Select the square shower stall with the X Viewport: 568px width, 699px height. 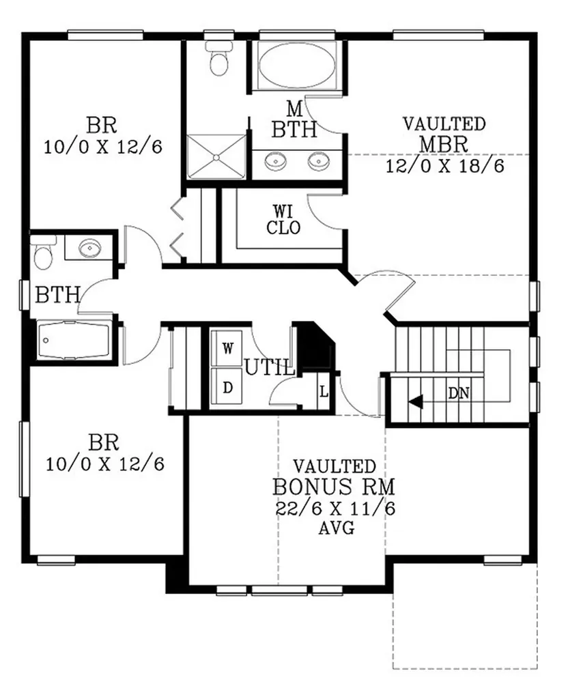pos(216,156)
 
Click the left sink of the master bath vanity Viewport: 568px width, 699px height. pos(275,161)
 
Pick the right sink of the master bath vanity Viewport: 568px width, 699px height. pos(318,161)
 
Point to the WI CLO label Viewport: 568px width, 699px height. pos(283,219)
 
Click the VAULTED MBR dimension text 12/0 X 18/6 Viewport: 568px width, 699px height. pos(445,166)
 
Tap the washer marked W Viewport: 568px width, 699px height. pos(228,348)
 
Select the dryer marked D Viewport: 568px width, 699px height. pos(228,388)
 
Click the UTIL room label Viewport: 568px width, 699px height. pos(270,368)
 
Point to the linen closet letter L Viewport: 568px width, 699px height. pos(324,393)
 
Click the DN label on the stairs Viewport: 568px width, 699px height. pos(459,393)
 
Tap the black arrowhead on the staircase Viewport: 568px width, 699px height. pos(416,401)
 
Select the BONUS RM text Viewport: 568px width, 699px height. pos(334,487)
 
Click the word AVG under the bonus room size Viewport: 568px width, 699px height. pos(337,529)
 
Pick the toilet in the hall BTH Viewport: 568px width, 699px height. pos(43,253)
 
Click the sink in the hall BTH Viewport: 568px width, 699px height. pos(89,248)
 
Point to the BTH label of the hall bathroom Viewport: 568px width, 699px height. pos(57,295)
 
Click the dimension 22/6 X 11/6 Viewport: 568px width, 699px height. pos(335,508)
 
